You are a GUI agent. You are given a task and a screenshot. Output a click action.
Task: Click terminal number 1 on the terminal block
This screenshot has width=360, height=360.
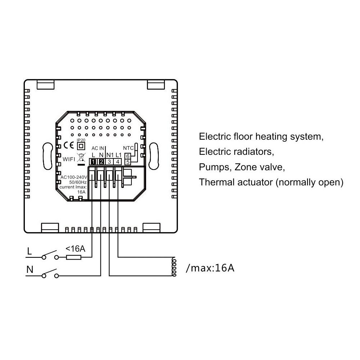click(93, 162)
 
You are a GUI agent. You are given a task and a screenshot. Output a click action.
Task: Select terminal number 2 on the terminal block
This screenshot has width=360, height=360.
click(102, 162)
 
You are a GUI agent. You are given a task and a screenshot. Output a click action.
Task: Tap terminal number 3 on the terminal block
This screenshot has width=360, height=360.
click(109, 162)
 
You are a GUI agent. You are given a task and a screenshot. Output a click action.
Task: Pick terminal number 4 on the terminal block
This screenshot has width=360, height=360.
click(118, 162)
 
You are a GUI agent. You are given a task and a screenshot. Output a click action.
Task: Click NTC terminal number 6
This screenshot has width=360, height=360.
click(128, 156)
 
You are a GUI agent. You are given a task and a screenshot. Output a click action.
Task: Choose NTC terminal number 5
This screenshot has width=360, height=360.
click(128, 162)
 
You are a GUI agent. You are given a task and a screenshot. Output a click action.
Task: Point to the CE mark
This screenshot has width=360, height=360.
click(69, 145)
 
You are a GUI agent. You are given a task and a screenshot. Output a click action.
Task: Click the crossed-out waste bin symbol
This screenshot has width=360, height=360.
click(81, 158)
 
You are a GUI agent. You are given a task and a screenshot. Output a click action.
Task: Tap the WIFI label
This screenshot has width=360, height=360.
click(69, 159)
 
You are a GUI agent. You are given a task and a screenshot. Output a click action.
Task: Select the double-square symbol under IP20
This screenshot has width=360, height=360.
click(81, 146)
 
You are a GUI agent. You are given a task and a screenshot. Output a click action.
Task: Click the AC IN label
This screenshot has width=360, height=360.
click(98, 148)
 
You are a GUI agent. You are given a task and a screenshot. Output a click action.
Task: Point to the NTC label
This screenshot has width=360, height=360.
click(129, 148)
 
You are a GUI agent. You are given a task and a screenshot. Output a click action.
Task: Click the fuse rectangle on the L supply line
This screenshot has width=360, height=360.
click(74, 257)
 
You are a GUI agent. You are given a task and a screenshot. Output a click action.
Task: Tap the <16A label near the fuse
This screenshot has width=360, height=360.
click(75, 249)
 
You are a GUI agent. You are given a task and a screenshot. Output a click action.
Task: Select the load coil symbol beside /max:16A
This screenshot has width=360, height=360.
click(174, 266)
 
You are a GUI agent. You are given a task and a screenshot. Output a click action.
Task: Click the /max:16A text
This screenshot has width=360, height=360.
click(210, 268)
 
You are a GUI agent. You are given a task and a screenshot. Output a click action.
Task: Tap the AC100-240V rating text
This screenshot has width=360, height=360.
click(74, 177)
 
